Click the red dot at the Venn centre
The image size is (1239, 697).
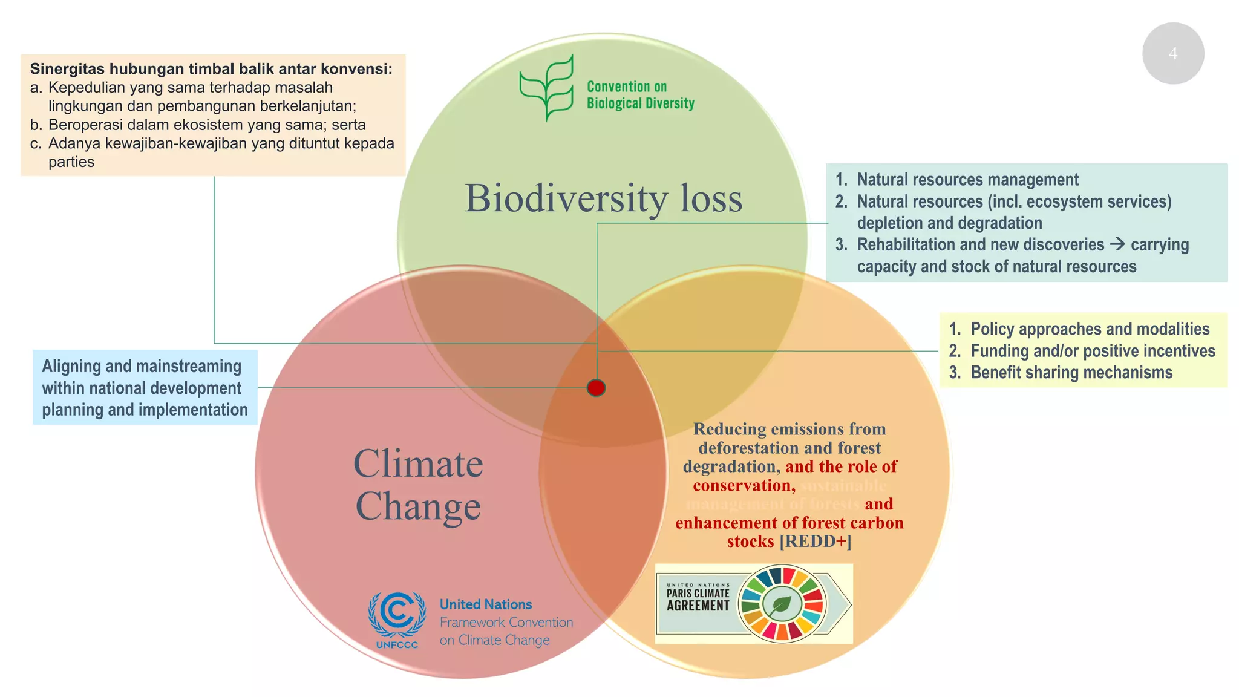[x=596, y=388]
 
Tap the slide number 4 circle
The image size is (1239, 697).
[x=1172, y=54]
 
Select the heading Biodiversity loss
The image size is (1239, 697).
[x=603, y=198]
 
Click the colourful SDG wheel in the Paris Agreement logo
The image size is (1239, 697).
[x=782, y=604]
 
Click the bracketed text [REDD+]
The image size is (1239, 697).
[x=815, y=541]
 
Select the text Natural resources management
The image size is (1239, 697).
[x=967, y=180]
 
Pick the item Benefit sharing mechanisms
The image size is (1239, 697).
[x=1071, y=373]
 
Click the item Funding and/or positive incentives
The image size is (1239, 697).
[x=1092, y=351]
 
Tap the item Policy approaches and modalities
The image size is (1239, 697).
[x=1090, y=329]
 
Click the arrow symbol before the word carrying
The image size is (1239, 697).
[x=1117, y=244]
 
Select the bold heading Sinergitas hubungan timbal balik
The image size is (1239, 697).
[x=211, y=69]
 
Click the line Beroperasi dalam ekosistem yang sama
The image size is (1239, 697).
[x=206, y=125]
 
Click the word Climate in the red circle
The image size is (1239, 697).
[x=418, y=464]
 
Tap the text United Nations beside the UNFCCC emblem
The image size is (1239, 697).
[x=485, y=604]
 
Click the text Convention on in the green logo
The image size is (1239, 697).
[x=626, y=87]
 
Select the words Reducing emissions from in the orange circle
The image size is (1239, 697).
[x=789, y=429]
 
